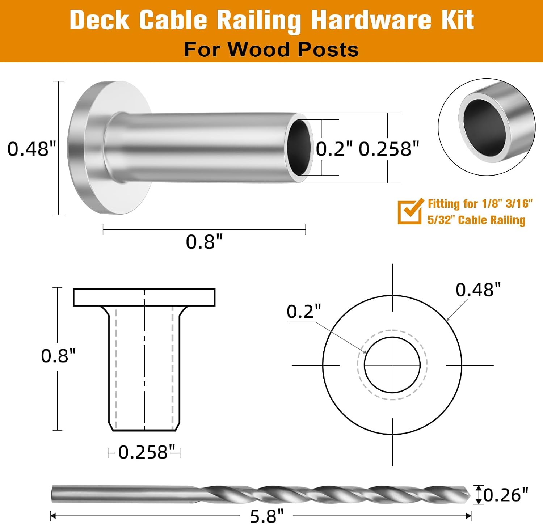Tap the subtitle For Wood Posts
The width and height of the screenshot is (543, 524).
point(271,49)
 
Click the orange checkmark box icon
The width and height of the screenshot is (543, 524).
point(410,211)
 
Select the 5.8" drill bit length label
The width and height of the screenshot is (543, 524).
point(267,516)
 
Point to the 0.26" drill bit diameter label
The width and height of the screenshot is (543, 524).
point(506,495)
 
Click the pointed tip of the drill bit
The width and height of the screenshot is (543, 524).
point(470,494)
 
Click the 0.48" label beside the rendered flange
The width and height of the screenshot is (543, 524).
point(32,148)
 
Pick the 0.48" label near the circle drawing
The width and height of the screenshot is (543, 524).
point(478,290)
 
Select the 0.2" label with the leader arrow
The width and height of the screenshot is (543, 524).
point(304,311)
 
